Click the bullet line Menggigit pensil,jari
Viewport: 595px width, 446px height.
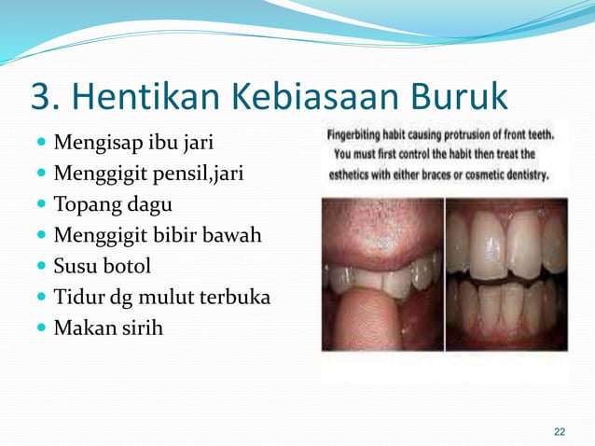pyautogui.click(x=147, y=174)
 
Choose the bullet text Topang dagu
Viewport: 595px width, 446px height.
pyautogui.click(x=113, y=205)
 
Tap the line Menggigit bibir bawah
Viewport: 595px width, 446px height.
pyautogui.click(x=158, y=235)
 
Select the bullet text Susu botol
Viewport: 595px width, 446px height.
pyautogui.click(x=103, y=266)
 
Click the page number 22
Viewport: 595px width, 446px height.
pyautogui.click(x=560, y=431)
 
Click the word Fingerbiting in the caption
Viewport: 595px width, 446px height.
pyautogui.click(x=360, y=134)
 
